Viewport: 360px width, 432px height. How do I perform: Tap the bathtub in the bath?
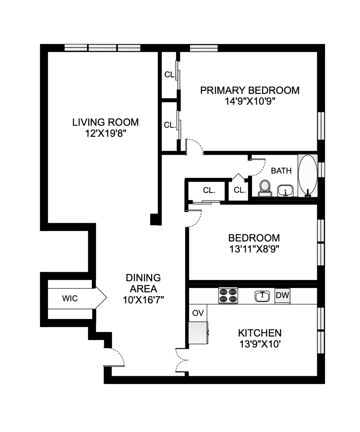308,176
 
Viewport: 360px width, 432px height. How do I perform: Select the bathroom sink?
285,190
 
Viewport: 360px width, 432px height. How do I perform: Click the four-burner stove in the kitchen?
228,296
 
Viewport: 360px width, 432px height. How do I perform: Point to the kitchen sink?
263,296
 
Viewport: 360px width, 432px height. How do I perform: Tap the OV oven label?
198,313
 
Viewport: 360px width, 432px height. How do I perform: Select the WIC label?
70,298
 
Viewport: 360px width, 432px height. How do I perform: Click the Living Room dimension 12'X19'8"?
105,134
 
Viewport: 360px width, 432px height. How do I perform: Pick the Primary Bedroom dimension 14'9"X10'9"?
250,101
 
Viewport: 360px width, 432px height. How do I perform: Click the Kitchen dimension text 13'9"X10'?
260,344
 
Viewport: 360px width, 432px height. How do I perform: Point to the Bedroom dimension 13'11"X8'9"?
254,248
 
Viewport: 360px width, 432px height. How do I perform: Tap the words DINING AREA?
143,283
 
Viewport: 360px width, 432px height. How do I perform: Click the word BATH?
281,171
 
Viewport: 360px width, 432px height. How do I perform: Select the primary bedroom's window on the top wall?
204,48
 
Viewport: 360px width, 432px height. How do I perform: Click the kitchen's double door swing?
182,360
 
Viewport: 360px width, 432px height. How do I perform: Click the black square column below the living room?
156,219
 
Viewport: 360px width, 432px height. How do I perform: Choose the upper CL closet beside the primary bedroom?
169,75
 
